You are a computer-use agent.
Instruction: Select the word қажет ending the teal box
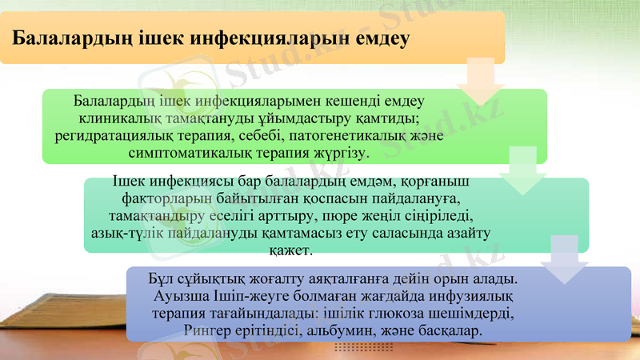coord(293,250)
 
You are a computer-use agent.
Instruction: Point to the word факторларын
coord(167,200)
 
